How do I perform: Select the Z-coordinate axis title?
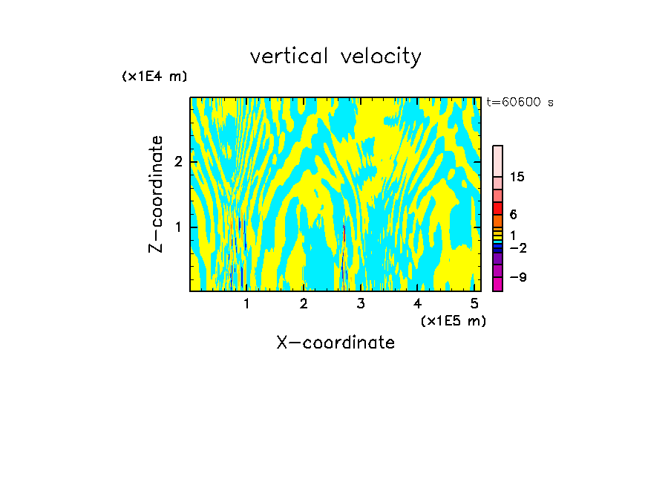tap(156, 194)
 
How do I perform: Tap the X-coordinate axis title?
tap(335, 343)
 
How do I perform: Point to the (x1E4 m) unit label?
tap(154, 77)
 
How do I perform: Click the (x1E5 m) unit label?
tap(453, 320)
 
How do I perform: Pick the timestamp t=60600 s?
tap(520, 103)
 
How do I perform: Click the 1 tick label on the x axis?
tap(246, 303)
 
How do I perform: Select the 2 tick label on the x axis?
tap(304, 303)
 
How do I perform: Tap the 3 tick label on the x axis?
tap(361, 303)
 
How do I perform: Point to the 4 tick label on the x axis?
tap(418, 303)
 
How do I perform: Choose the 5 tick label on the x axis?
tap(474, 303)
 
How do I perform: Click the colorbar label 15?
tap(517, 177)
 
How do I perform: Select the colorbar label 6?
tap(513, 214)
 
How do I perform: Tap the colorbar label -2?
tap(517, 247)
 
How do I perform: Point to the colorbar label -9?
tap(517, 277)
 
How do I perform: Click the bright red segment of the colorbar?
tap(498, 208)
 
